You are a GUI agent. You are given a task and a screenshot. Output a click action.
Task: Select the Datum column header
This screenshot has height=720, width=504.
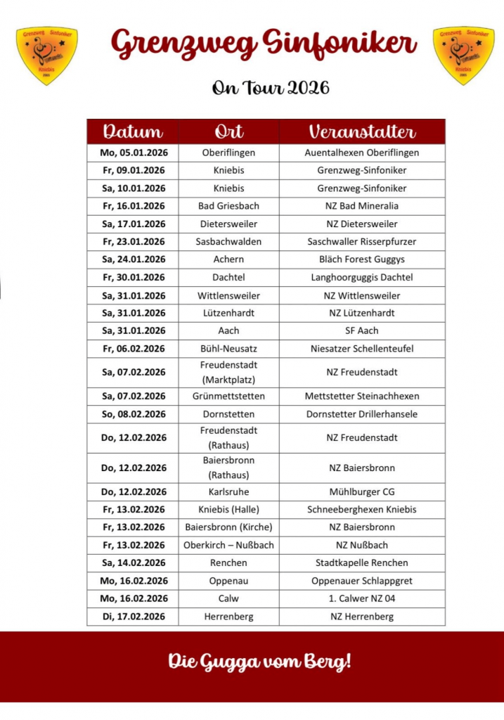point(133,131)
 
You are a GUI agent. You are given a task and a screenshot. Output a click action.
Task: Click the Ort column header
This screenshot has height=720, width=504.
point(228,131)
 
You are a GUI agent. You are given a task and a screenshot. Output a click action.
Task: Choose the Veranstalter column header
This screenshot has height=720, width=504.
point(362,131)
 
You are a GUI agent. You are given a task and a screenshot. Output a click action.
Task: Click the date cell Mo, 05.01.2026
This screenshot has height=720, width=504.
point(133,153)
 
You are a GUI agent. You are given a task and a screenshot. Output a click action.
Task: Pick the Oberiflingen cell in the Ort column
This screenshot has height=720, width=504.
point(228,153)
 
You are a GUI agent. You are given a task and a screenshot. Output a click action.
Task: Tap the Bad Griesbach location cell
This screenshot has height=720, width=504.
point(228,206)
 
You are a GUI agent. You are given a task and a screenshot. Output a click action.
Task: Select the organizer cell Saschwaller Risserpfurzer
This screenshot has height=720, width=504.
point(362,241)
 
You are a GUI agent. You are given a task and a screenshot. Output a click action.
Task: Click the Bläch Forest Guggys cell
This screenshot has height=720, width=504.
point(362,259)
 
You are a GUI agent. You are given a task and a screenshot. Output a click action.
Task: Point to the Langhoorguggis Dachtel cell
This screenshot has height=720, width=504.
point(362,277)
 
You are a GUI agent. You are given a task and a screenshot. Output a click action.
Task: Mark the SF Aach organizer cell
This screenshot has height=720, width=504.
point(362,330)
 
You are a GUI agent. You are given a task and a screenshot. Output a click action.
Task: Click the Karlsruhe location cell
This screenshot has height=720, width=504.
point(228,491)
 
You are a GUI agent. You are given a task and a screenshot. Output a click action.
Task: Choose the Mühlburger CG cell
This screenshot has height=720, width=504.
point(362,491)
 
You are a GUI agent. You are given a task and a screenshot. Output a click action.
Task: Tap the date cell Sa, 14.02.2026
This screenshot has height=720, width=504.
point(133,562)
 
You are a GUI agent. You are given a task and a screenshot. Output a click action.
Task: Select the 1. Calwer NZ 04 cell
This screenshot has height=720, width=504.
point(362,598)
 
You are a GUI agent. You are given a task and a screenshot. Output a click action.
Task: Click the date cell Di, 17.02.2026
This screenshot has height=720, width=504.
point(133,617)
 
